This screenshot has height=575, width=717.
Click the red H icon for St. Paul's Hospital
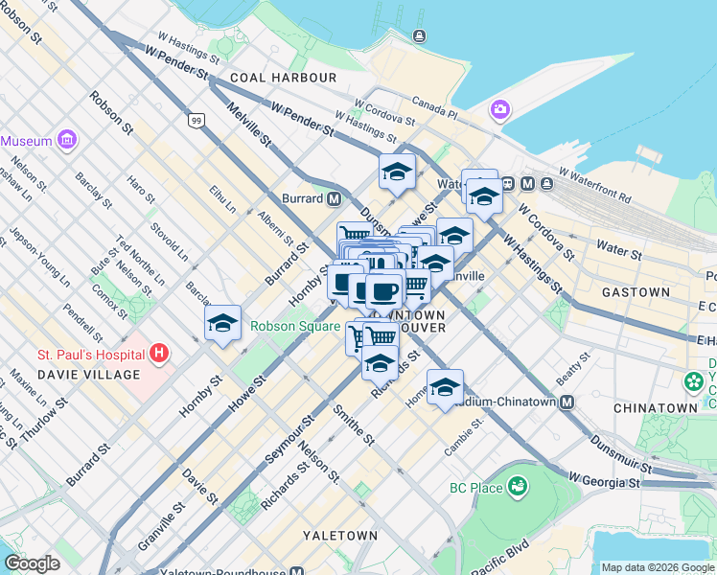click(x=159, y=355)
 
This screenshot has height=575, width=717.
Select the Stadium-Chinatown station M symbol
click(x=567, y=402)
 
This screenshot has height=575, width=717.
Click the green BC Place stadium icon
click(x=519, y=488)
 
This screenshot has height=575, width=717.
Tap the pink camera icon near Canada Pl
click(x=499, y=110)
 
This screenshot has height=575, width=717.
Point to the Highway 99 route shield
click(x=196, y=120)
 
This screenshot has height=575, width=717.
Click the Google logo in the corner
click(x=32, y=563)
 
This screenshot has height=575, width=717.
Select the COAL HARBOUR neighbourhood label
click(x=283, y=77)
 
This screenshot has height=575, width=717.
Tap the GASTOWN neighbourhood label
click(x=636, y=291)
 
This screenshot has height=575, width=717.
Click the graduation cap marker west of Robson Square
click(x=222, y=324)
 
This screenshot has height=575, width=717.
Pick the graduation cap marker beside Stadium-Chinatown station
click(x=445, y=387)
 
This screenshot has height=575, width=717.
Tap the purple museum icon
click(x=66, y=141)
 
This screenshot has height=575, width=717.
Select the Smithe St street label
click(x=353, y=424)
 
